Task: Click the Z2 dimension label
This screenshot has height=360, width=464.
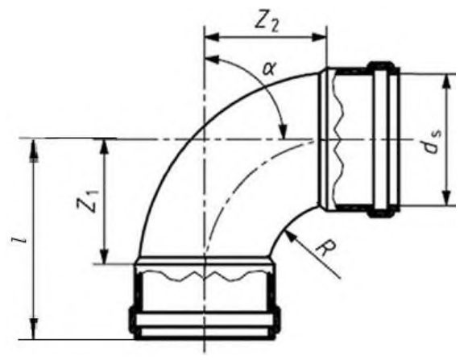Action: click(267, 23)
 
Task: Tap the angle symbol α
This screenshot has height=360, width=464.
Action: click(269, 70)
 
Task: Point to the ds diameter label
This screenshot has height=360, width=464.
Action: click(433, 142)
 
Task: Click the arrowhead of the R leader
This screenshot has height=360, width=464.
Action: click(290, 236)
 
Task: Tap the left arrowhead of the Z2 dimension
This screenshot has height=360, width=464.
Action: click(212, 37)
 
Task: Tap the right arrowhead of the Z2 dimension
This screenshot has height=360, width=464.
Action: click(319, 37)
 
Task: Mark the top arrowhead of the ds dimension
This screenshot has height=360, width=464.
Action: click(447, 81)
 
